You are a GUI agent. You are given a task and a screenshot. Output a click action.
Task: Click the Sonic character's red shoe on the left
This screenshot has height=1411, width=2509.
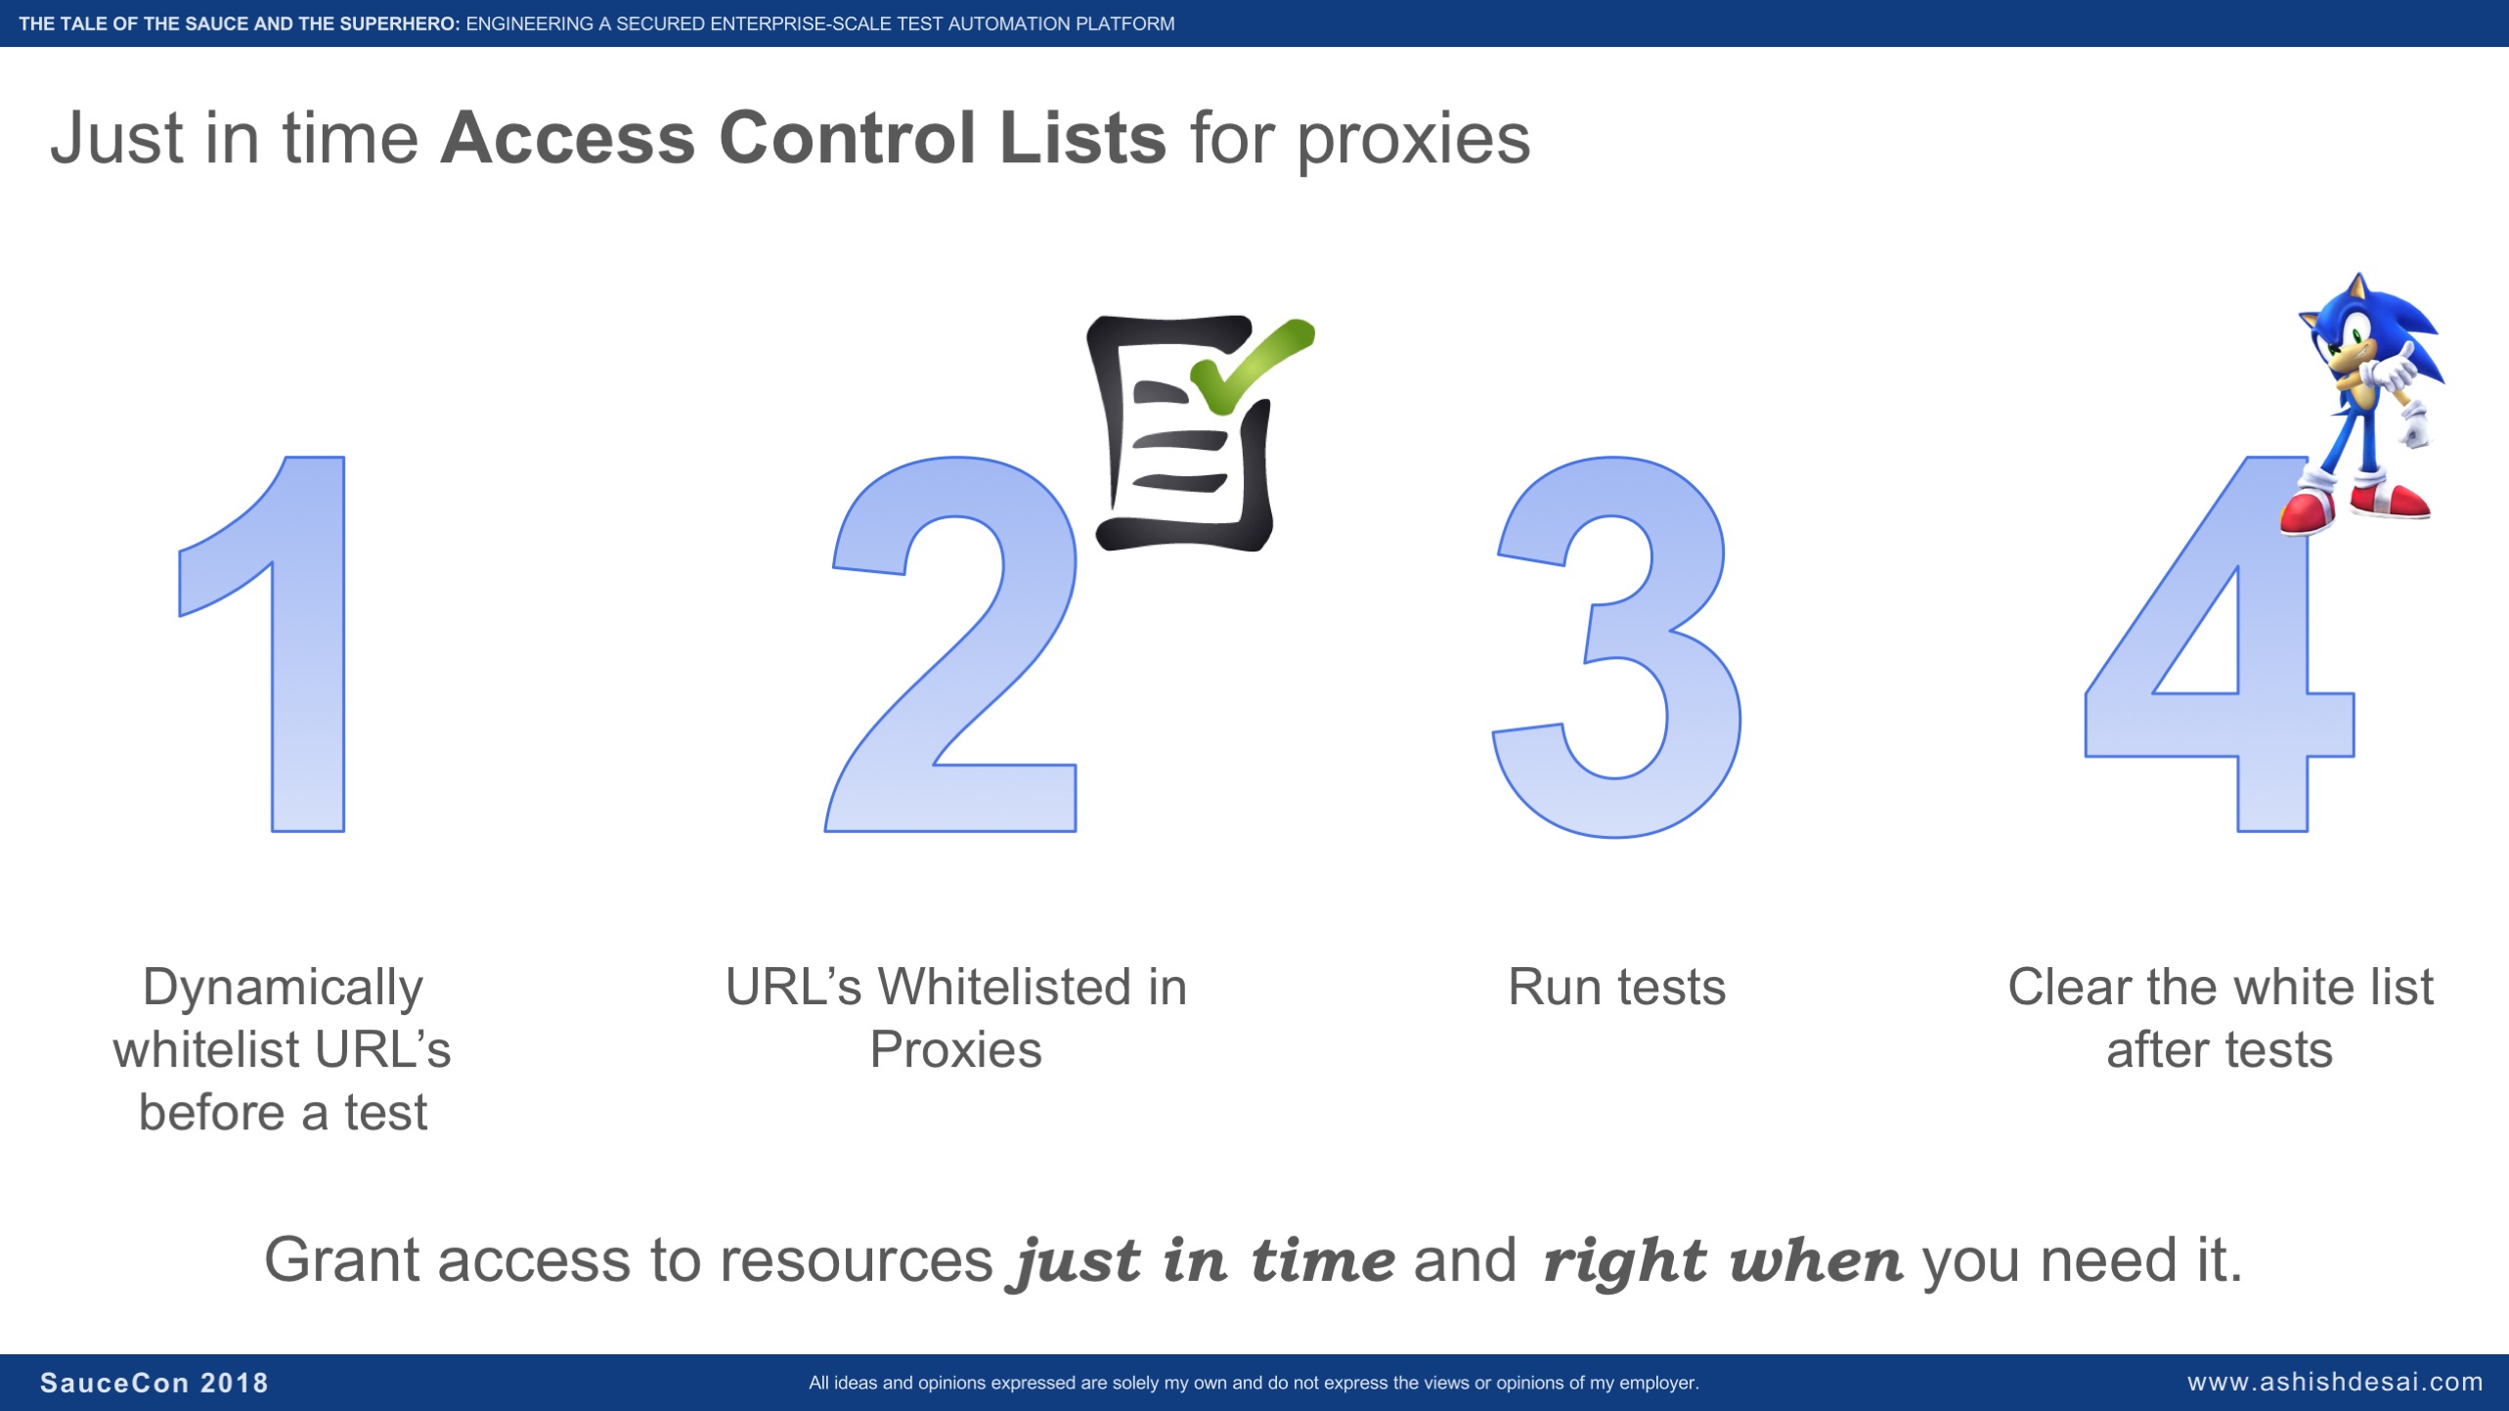pyautogui.click(x=2309, y=511)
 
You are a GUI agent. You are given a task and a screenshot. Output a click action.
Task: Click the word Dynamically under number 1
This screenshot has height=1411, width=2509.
pyautogui.click(x=283, y=989)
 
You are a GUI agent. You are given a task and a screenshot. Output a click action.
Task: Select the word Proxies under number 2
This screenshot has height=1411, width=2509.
pyautogui.click(x=955, y=1050)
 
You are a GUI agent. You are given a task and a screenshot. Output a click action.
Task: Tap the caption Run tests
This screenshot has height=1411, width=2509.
pyautogui.click(x=1616, y=987)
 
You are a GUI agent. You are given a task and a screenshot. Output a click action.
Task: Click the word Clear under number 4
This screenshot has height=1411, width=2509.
pyautogui.click(x=2069, y=987)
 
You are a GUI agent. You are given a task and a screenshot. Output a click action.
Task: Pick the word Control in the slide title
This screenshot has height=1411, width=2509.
pyautogui.click(x=847, y=138)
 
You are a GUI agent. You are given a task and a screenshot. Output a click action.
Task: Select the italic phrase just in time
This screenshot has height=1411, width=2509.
pyautogui.click(x=1202, y=1261)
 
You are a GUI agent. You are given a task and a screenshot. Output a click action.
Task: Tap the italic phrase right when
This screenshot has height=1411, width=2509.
pyautogui.click(x=1723, y=1261)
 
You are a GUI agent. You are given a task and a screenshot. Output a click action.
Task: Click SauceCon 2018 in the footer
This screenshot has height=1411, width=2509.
pyautogui.click(x=154, y=1383)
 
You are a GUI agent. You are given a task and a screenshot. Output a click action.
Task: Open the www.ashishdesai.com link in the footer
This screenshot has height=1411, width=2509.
pyautogui.click(x=2335, y=1382)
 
